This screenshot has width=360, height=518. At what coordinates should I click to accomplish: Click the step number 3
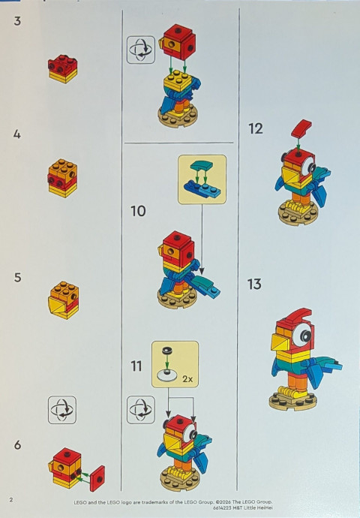click(17, 21)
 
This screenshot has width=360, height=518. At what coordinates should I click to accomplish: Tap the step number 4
click(17, 134)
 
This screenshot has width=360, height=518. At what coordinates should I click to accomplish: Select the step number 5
click(17, 277)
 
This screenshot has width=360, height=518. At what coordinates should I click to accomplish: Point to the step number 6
click(17, 444)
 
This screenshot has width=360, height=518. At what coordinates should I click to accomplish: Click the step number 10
click(138, 211)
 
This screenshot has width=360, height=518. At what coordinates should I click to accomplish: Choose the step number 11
click(136, 366)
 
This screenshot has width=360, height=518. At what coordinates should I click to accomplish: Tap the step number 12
click(256, 128)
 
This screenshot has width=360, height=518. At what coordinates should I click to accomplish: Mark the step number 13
click(254, 284)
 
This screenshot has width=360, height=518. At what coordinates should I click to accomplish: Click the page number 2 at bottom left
click(11, 499)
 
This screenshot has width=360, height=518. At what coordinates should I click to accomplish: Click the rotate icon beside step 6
click(62, 410)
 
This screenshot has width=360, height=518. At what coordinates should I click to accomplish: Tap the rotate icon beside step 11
click(141, 410)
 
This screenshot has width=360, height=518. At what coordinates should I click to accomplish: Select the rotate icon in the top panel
click(141, 50)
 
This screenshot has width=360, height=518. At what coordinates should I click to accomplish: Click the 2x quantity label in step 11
click(187, 379)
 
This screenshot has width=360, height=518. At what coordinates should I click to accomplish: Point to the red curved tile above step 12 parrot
click(301, 128)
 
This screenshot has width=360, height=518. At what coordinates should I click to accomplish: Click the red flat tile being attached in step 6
click(97, 478)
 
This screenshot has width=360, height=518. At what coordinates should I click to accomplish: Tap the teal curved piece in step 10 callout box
click(202, 167)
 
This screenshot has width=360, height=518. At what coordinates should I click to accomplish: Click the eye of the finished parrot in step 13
click(303, 336)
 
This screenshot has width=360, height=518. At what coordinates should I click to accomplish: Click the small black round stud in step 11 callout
click(166, 350)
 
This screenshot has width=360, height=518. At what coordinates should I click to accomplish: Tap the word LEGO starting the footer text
click(79, 502)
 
